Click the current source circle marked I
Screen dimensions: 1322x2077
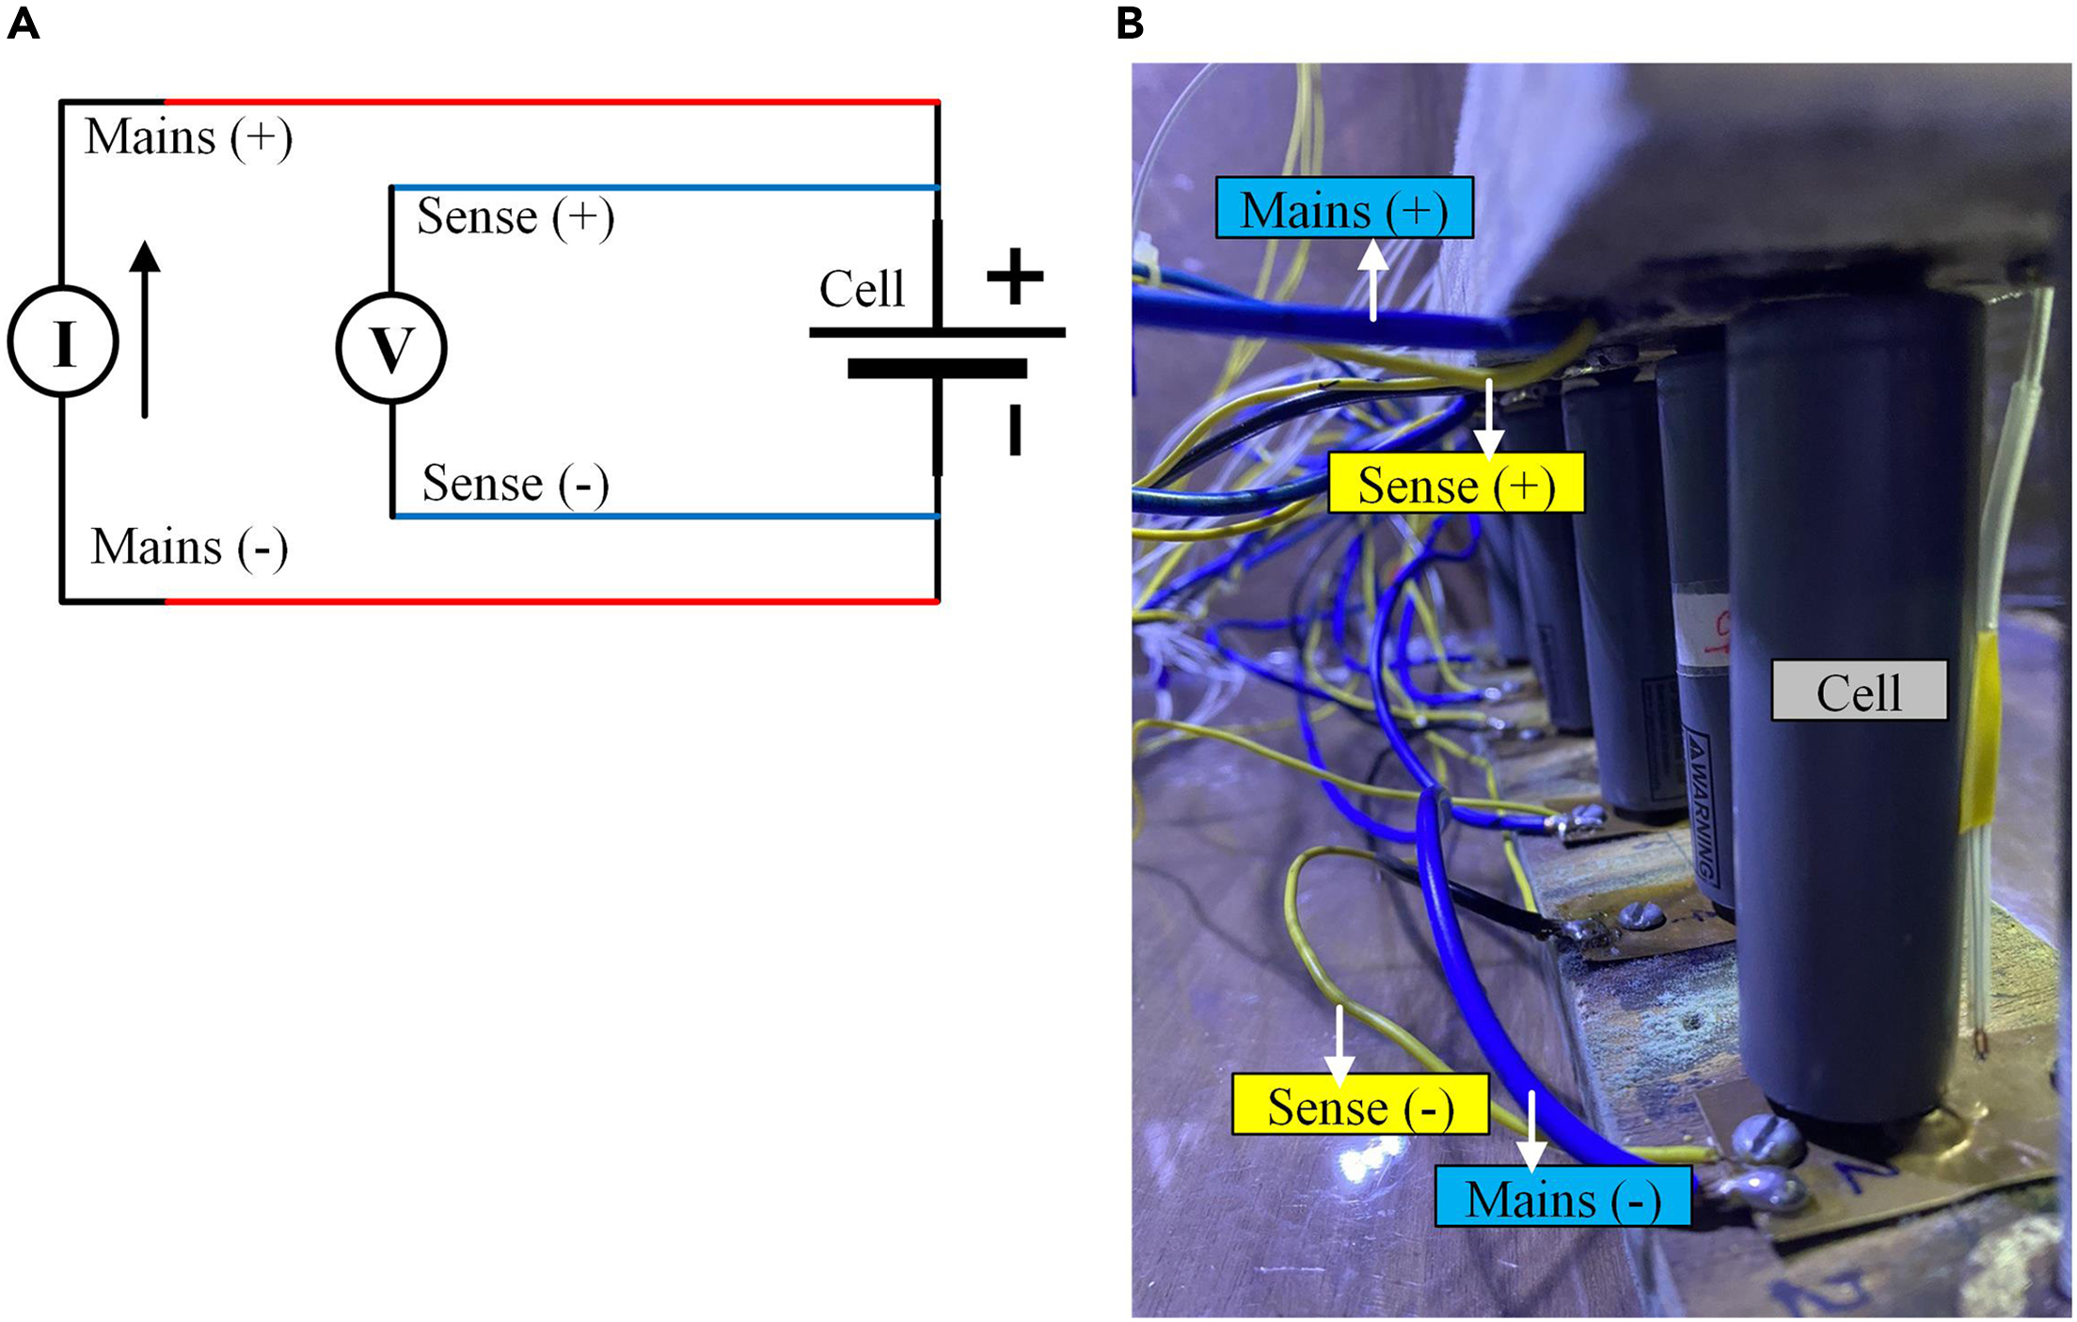click(x=63, y=342)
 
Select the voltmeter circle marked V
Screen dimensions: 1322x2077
click(x=391, y=347)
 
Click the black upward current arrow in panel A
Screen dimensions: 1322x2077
click(x=144, y=329)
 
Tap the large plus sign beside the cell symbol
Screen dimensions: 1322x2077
click(x=1015, y=277)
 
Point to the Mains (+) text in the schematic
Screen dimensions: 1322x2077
click(x=188, y=137)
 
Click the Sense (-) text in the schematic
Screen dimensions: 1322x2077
click(x=515, y=484)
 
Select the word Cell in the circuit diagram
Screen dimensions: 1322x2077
click(x=862, y=289)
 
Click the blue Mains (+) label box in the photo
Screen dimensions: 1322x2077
click(x=1344, y=208)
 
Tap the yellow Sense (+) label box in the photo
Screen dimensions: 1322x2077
click(x=1456, y=484)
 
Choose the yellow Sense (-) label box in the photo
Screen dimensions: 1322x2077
click(x=1360, y=1105)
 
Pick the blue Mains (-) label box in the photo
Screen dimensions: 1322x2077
click(x=1562, y=1198)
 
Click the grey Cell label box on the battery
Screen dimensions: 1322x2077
click(x=1859, y=691)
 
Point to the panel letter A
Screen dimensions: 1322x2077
click(x=23, y=24)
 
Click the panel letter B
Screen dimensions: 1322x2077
click(x=1130, y=24)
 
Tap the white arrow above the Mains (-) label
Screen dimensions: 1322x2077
click(x=1531, y=1129)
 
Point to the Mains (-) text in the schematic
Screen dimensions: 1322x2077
click(x=189, y=548)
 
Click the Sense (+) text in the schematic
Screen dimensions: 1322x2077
click(x=515, y=217)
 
